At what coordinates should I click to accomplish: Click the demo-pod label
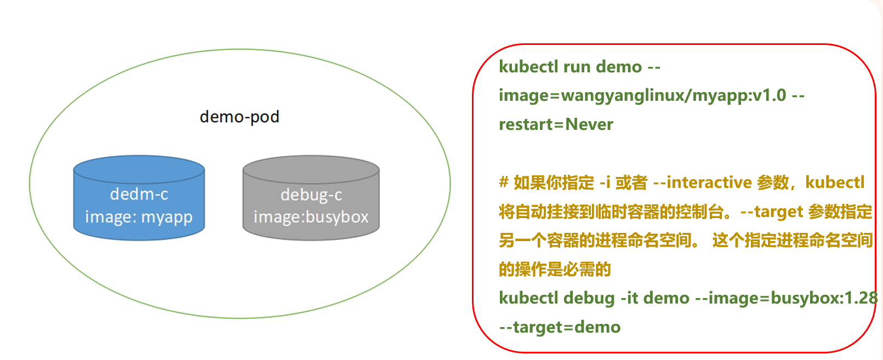tap(240, 117)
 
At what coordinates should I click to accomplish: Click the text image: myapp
tap(139, 217)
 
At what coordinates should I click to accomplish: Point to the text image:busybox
tap(311, 217)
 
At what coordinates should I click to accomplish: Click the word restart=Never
tap(556, 124)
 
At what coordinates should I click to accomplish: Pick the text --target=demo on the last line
tap(560, 327)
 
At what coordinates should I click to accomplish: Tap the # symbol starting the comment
tap(504, 182)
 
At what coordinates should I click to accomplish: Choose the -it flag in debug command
tap(629, 298)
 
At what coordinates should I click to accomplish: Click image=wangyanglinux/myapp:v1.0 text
tap(642, 95)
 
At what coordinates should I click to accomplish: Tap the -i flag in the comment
tap(605, 182)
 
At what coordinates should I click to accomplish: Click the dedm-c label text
tap(139, 194)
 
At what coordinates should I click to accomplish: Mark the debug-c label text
tap(311, 195)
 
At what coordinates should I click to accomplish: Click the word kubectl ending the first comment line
tap(834, 182)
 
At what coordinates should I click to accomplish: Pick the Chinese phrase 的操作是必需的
tap(555, 269)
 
